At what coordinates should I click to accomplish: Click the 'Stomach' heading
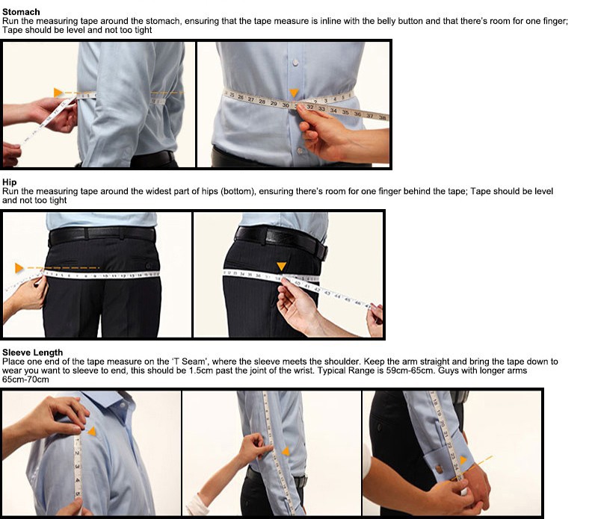pyautogui.click(x=21, y=12)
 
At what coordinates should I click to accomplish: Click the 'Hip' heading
pyautogui.click(x=9, y=182)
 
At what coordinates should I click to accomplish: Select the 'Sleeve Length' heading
pyautogui.click(x=32, y=352)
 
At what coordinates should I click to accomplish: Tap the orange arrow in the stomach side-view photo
pyautogui.click(x=58, y=93)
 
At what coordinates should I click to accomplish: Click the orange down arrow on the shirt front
pyautogui.click(x=294, y=93)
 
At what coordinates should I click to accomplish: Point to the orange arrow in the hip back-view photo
pyautogui.click(x=19, y=268)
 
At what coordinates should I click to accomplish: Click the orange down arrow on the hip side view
pyautogui.click(x=282, y=267)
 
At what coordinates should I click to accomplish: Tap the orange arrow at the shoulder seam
pyautogui.click(x=92, y=431)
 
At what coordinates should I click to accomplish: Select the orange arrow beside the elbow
pyautogui.click(x=286, y=452)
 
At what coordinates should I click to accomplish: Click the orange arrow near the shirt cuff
pyautogui.click(x=463, y=460)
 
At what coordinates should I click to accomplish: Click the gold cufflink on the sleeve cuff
pyautogui.click(x=440, y=468)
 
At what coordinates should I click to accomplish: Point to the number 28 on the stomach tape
pyautogui.click(x=262, y=102)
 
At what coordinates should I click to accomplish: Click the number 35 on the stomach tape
pyautogui.click(x=345, y=112)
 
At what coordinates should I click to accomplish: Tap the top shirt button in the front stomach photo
pyautogui.click(x=295, y=62)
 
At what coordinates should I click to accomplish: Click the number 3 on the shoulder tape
pyautogui.click(x=77, y=467)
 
